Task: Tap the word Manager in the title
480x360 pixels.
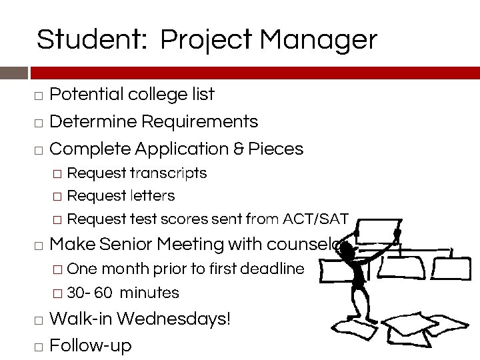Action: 318,40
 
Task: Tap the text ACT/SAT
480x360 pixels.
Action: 316,219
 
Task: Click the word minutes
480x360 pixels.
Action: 149,293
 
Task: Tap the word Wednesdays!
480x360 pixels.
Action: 173,319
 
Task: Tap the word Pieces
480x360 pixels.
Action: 275,149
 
